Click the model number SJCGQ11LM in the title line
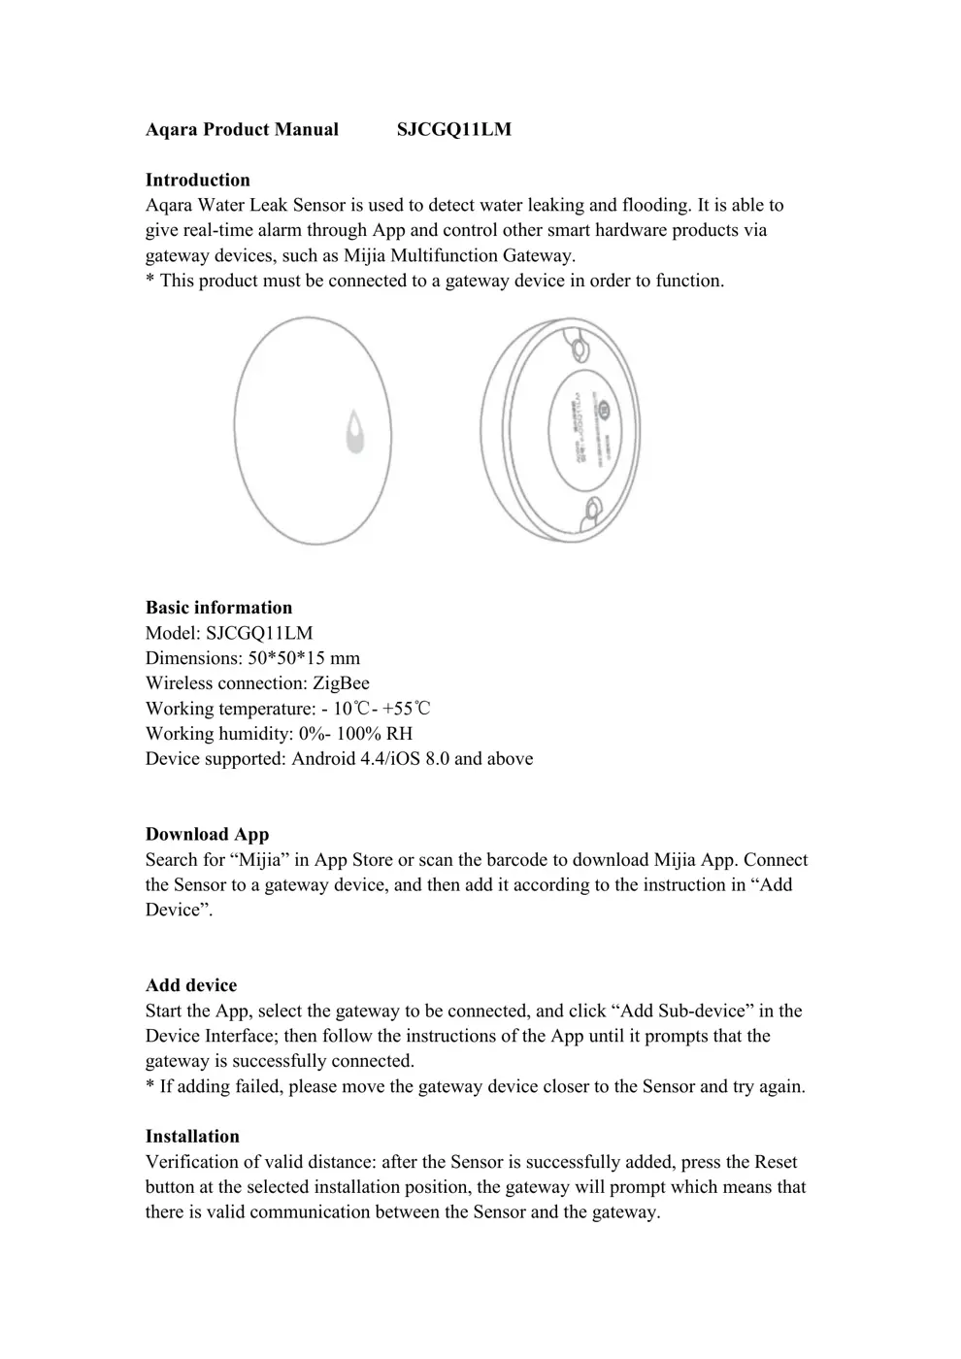coord(453,130)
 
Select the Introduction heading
coord(197,180)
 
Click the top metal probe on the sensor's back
coord(580,347)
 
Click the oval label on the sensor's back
coord(580,428)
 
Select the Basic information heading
coord(218,608)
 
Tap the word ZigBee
coord(341,683)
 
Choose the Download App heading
coord(207,835)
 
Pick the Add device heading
coord(191,985)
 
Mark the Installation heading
coord(192,1137)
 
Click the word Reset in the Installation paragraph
coord(776,1162)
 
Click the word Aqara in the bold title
coord(171,130)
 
